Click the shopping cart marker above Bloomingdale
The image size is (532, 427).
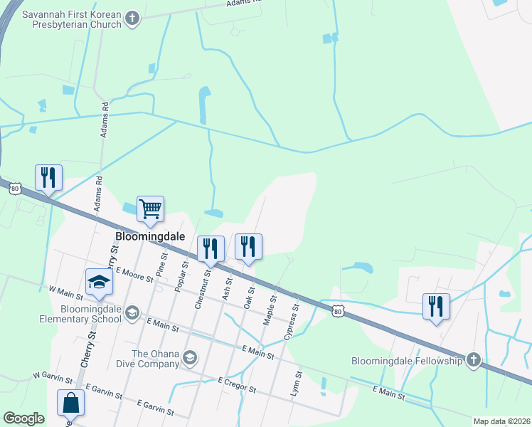(151, 209)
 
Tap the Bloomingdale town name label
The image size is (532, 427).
(150, 236)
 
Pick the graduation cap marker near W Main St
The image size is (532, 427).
(99, 283)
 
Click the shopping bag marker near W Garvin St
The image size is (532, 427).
(71, 403)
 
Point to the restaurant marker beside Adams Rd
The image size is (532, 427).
(48, 177)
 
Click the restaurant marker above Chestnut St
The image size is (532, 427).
(211, 248)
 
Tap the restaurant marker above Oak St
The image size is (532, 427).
(248, 246)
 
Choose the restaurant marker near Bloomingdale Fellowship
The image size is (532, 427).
(436, 306)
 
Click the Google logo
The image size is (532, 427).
(24, 418)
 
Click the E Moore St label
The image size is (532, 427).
(134, 273)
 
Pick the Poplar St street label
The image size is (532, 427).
(181, 275)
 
